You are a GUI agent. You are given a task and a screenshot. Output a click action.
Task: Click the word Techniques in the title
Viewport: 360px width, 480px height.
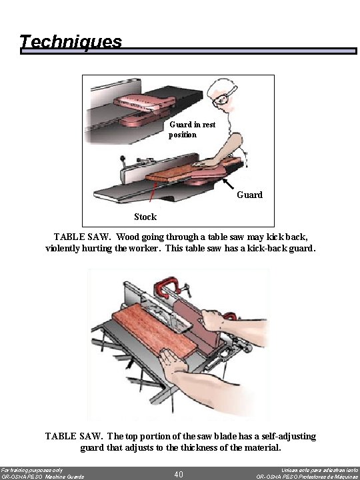[71, 41]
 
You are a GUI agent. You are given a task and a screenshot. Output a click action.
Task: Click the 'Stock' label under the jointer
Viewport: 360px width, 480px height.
[145, 217]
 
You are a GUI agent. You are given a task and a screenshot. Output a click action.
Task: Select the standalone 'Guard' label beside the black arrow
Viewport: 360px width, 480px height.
[249, 195]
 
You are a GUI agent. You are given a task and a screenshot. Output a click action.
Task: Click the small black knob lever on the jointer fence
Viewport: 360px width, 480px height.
[122, 161]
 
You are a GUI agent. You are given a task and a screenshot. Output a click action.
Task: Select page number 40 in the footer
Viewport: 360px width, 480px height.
[178, 474]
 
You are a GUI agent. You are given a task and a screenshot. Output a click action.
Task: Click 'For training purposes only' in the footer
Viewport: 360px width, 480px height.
[32, 470]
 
